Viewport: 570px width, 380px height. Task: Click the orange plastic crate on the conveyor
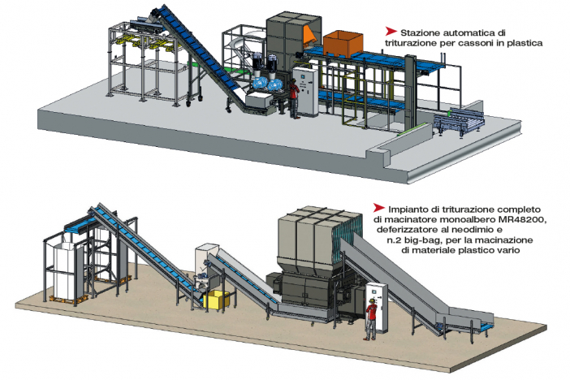[x=343, y=45]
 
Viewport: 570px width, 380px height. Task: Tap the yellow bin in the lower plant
[x=216, y=300]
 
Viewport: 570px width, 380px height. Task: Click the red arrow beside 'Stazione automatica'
[x=391, y=32]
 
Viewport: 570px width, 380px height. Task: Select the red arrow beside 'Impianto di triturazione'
[x=379, y=208]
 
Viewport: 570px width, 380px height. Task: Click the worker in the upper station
[x=294, y=99]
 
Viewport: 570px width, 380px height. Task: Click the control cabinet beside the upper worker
[x=306, y=92]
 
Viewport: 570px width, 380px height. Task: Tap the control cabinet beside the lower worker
[x=378, y=307]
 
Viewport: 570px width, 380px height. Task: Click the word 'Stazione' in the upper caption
[x=417, y=32]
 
